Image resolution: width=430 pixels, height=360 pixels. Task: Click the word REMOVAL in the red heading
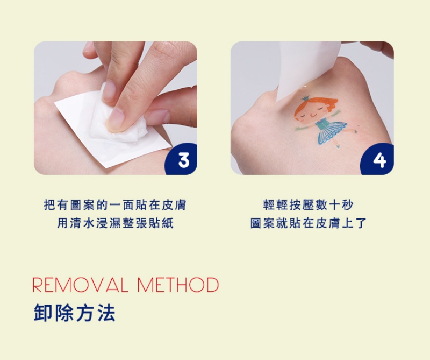tap(80, 285)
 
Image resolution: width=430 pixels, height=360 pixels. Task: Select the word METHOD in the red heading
tap(178, 285)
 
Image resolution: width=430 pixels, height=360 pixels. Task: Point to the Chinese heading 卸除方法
tap(75, 313)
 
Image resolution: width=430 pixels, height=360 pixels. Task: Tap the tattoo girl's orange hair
tap(318, 105)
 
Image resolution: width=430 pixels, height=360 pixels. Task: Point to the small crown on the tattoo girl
tap(306, 98)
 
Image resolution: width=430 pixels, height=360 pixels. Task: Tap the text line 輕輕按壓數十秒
tap(308, 205)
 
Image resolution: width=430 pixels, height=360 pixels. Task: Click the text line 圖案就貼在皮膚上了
tap(308, 223)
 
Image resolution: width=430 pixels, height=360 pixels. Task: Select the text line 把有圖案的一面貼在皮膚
tap(115, 205)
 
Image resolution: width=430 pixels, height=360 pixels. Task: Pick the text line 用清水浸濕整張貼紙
tap(115, 223)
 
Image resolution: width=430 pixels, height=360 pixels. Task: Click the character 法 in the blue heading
tap(107, 313)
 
